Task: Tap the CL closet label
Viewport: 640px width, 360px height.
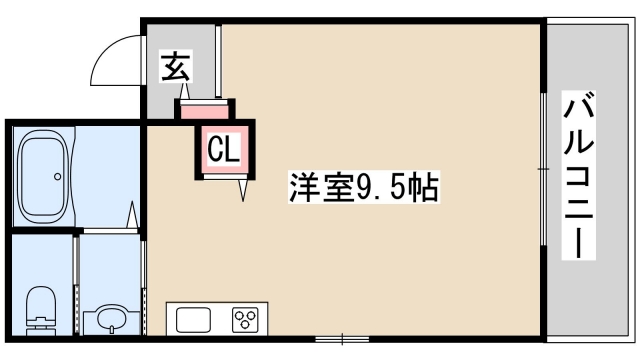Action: coord(223,150)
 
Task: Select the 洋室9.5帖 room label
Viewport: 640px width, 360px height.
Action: coord(364,187)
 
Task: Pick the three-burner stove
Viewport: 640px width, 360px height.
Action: coord(245,320)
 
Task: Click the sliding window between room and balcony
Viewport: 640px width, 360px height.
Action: coord(543,170)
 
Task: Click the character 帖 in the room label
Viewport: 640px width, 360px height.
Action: coord(425,187)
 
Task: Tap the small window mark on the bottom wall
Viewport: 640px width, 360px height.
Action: coord(343,336)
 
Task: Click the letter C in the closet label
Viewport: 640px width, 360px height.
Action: coord(215,150)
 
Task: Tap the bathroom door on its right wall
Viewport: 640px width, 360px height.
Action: coord(134,215)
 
